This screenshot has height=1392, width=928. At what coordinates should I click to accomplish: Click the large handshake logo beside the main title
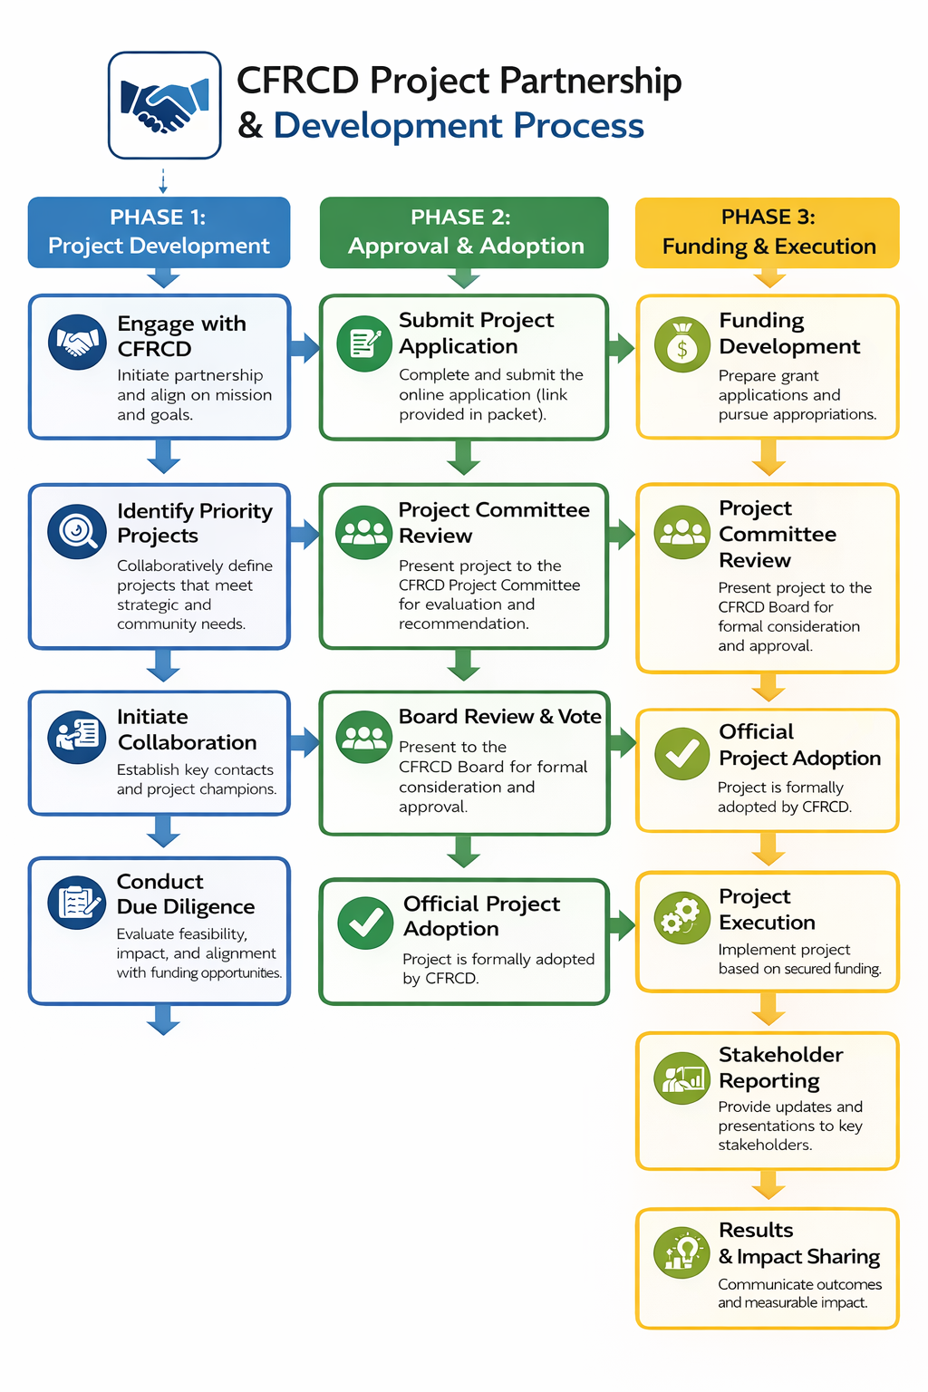pyautogui.click(x=164, y=105)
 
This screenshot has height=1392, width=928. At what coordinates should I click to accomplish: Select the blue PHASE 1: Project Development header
pyautogui.click(x=159, y=232)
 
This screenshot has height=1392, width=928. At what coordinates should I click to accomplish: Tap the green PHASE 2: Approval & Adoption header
pyautogui.click(x=463, y=232)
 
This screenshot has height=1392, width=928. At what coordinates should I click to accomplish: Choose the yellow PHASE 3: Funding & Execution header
pyautogui.click(x=768, y=232)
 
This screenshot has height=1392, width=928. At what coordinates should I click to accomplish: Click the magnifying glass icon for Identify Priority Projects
pyautogui.click(x=77, y=531)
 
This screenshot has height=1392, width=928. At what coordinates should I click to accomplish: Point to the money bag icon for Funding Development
pyautogui.click(x=681, y=345)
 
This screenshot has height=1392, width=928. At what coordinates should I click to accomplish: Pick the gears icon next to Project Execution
pyautogui.click(x=681, y=917)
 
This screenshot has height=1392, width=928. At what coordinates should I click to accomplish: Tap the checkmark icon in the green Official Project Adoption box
pyautogui.click(x=365, y=923)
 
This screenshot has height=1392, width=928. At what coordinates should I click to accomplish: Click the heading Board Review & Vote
pyautogui.click(x=499, y=717)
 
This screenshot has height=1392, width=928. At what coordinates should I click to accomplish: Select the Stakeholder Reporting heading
pyautogui.click(x=780, y=1068)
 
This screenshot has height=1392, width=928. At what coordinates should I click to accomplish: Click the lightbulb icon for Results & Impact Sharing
pyautogui.click(x=681, y=1252)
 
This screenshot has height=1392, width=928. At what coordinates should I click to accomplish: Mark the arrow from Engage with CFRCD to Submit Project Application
pyautogui.click(x=304, y=347)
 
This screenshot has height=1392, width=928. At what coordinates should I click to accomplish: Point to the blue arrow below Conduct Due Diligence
pyautogui.click(x=163, y=1020)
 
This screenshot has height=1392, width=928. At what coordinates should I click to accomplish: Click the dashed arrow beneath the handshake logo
pyautogui.click(x=163, y=180)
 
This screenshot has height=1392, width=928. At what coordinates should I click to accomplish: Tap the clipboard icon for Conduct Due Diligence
pyautogui.click(x=77, y=903)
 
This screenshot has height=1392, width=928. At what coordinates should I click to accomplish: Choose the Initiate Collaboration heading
pyautogui.click(x=187, y=730)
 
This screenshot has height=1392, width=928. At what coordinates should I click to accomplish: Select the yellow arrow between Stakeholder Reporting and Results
pyautogui.click(x=768, y=1184)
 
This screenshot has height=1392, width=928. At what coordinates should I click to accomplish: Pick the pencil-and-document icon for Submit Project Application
pyautogui.click(x=364, y=343)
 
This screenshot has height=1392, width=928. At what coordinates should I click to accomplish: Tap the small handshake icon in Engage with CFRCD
pyautogui.click(x=77, y=342)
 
